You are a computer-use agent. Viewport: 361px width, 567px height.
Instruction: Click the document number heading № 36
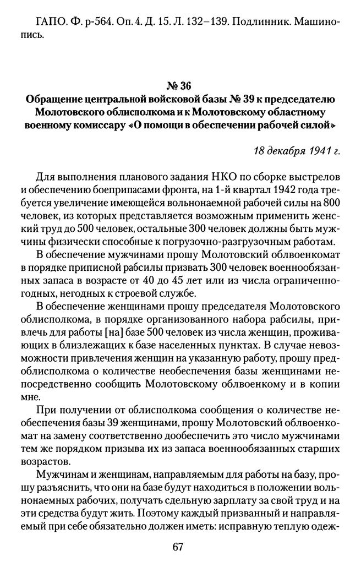pyautogui.click(x=180, y=86)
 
